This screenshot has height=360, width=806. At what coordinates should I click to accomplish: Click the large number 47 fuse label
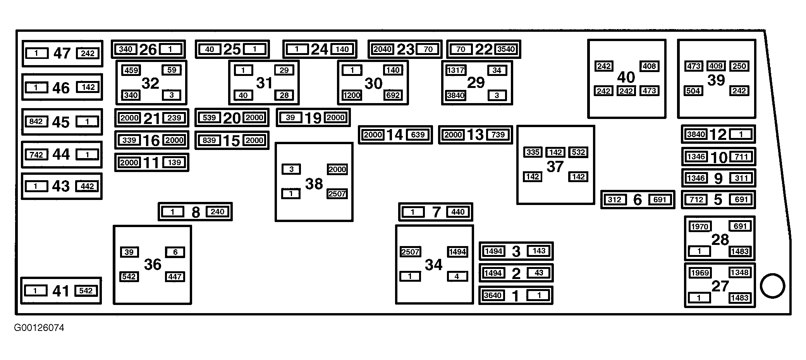(62, 53)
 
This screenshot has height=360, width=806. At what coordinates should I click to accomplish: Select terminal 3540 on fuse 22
(506, 49)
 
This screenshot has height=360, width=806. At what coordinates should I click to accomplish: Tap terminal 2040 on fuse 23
(383, 49)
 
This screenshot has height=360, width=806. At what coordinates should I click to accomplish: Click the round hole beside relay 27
(772, 286)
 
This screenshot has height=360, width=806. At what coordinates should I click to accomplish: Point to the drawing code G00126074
(39, 328)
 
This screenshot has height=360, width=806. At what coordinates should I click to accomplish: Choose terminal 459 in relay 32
(131, 70)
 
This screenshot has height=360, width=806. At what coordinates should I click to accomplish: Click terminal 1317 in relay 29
(456, 70)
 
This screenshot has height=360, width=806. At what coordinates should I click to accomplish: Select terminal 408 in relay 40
(649, 66)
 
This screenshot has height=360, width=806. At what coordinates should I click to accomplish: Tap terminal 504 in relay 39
(693, 91)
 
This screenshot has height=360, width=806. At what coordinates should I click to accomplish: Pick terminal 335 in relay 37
(533, 152)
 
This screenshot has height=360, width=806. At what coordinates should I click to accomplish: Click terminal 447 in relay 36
(175, 277)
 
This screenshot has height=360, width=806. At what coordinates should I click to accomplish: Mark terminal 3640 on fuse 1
(493, 295)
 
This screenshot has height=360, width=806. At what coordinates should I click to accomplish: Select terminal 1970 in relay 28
(699, 226)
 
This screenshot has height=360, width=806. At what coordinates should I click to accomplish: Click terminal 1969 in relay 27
(699, 273)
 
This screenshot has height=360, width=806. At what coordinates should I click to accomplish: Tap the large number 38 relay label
(314, 184)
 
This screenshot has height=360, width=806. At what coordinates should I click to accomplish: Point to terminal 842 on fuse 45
(36, 122)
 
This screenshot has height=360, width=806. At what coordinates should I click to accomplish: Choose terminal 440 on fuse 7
(458, 212)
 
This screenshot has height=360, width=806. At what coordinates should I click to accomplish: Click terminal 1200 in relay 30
(352, 95)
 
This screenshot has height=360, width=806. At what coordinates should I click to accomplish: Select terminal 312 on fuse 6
(615, 200)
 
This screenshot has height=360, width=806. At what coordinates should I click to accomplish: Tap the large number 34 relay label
(433, 265)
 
